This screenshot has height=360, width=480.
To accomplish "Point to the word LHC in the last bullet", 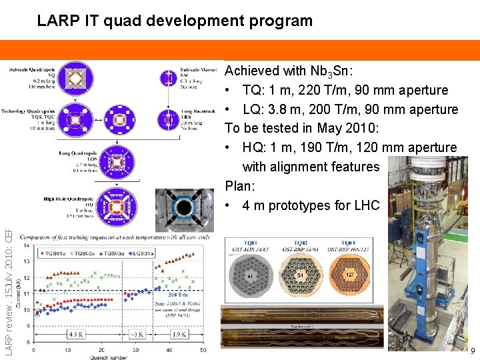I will coord(366,205).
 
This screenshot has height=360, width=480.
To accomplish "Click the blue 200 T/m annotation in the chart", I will coord(178,294).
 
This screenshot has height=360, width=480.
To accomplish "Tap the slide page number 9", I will coord(472,351).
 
